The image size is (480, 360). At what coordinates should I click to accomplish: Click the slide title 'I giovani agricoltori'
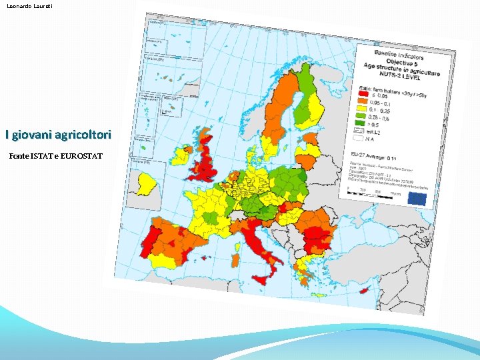pos(57,135)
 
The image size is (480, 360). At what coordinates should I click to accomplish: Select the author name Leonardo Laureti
pos(29,6)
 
